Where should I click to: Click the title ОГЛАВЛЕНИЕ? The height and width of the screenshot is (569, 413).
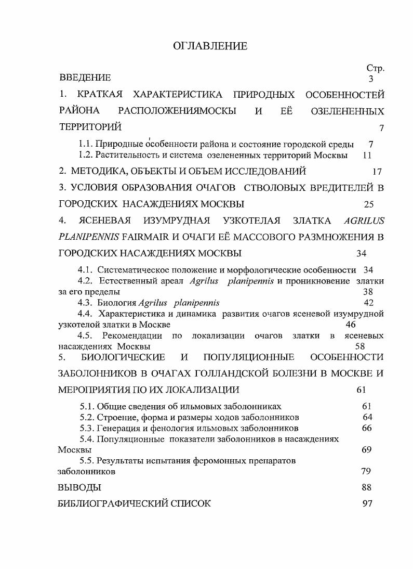click(x=210, y=46)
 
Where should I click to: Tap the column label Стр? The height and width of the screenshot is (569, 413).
click(x=375, y=69)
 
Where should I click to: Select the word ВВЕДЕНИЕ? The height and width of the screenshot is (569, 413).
click(x=85, y=78)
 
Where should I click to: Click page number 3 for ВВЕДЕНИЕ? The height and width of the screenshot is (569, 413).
click(x=371, y=79)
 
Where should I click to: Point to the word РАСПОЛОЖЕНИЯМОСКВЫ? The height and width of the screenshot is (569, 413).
click(x=177, y=111)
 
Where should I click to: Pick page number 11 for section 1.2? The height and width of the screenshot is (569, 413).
click(x=367, y=155)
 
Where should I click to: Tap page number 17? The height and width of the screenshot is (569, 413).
click(x=377, y=171)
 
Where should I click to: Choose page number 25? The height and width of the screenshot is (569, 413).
click(x=369, y=204)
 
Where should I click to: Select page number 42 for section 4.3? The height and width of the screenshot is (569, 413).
click(x=369, y=303)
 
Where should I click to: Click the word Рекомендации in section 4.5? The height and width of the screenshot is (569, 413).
click(x=134, y=336)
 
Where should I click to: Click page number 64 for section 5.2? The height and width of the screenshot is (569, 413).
click(x=367, y=417)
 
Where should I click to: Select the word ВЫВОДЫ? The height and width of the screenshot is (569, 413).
click(x=79, y=487)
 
